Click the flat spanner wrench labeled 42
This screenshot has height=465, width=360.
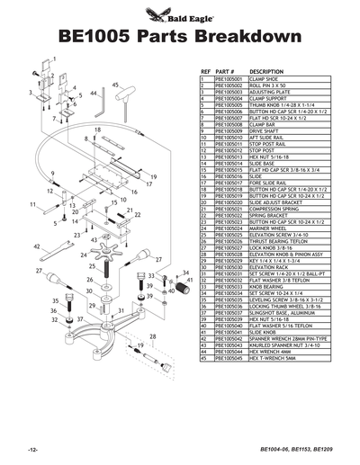pos(63,247)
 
